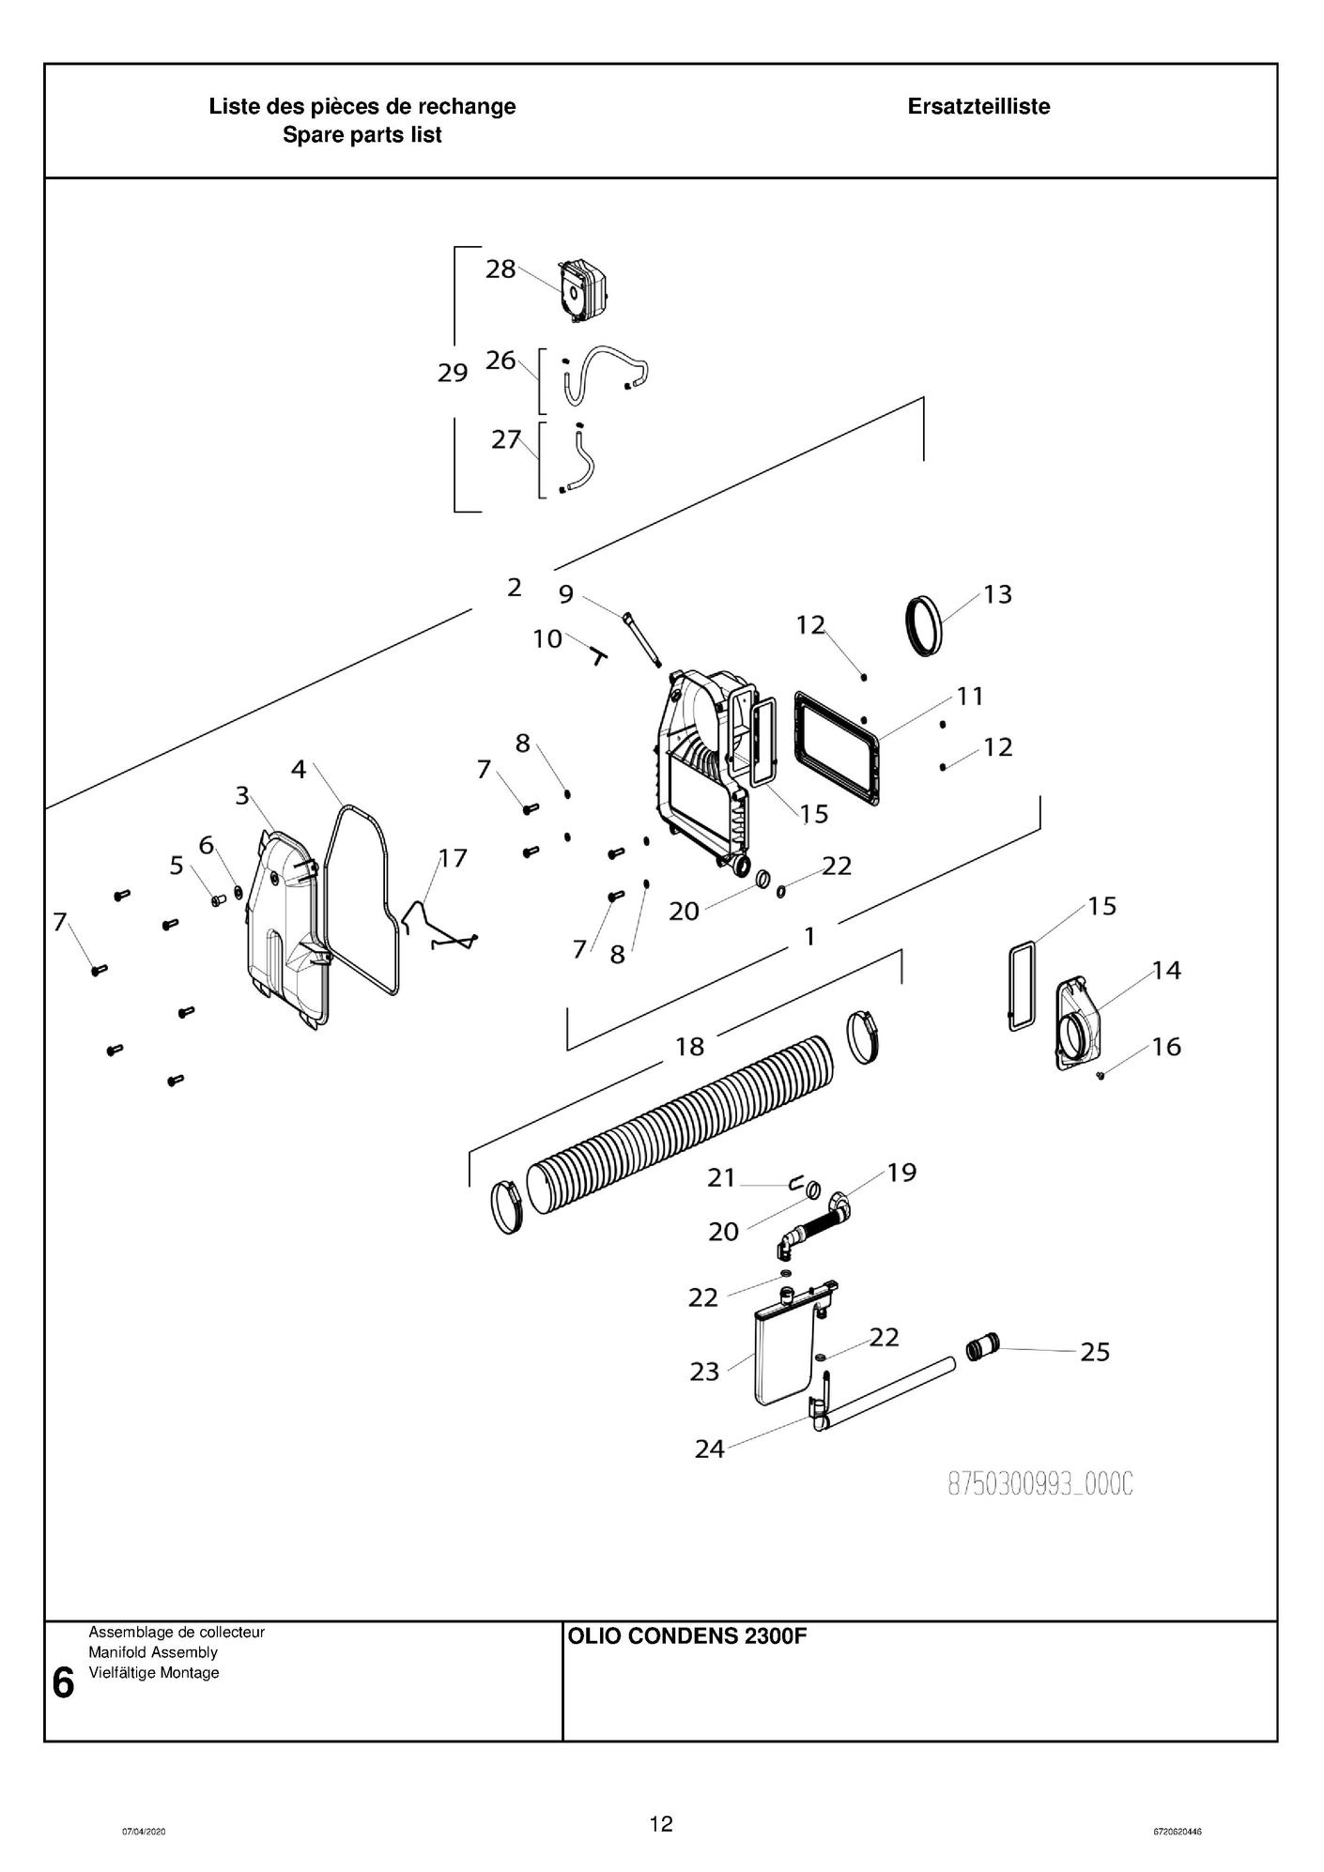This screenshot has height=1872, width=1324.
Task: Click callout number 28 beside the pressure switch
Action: pyautogui.click(x=500, y=269)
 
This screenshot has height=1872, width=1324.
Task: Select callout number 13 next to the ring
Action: pyautogui.click(x=997, y=594)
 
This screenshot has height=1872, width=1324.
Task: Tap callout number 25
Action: pyautogui.click(x=1095, y=1352)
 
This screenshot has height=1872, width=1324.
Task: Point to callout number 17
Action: pyautogui.click(x=453, y=858)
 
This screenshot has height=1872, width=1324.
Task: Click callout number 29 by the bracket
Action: pyautogui.click(x=453, y=373)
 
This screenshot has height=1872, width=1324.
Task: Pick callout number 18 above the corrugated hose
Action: pyautogui.click(x=690, y=1046)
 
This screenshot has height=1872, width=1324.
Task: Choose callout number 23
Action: pyautogui.click(x=704, y=1372)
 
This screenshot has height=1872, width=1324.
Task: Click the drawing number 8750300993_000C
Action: pyautogui.click(x=1040, y=1484)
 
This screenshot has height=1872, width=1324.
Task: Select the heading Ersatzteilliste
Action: pyautogui.click(x=978, y=106)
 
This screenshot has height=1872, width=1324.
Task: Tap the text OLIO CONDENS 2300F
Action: pyautogui.click(x=686, y=1637)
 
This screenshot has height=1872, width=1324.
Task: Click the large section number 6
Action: pyautogui.click(x=63, y=1683)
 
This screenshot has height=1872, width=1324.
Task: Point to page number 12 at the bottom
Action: pyautogui.click(x=661, y=1824)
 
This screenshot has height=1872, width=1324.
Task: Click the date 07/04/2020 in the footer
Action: pyautogui.click(x=144, y=1832)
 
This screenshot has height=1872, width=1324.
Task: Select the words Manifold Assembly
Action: pyautogui.click(x=153, y=1652)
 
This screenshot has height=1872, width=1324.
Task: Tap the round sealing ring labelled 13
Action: pyautogui.click(x=926, y=624)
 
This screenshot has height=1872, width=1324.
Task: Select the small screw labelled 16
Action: pyautogui.click(x=1101, y=1076)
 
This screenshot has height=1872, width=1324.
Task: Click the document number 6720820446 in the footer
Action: pyautogui.click(x=1178, y=1832)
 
